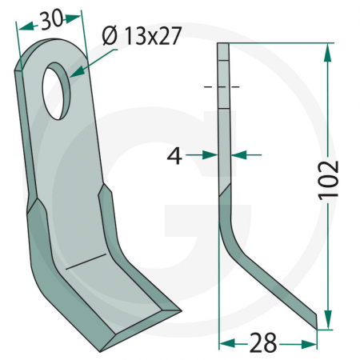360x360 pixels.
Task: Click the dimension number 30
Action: click(x=50, y=20)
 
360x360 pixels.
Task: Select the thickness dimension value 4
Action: click(x=174, y=156)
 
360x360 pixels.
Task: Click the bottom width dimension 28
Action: click(x=264, y=344)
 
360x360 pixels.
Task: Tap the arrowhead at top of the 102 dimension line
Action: click(x=326, y=50)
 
